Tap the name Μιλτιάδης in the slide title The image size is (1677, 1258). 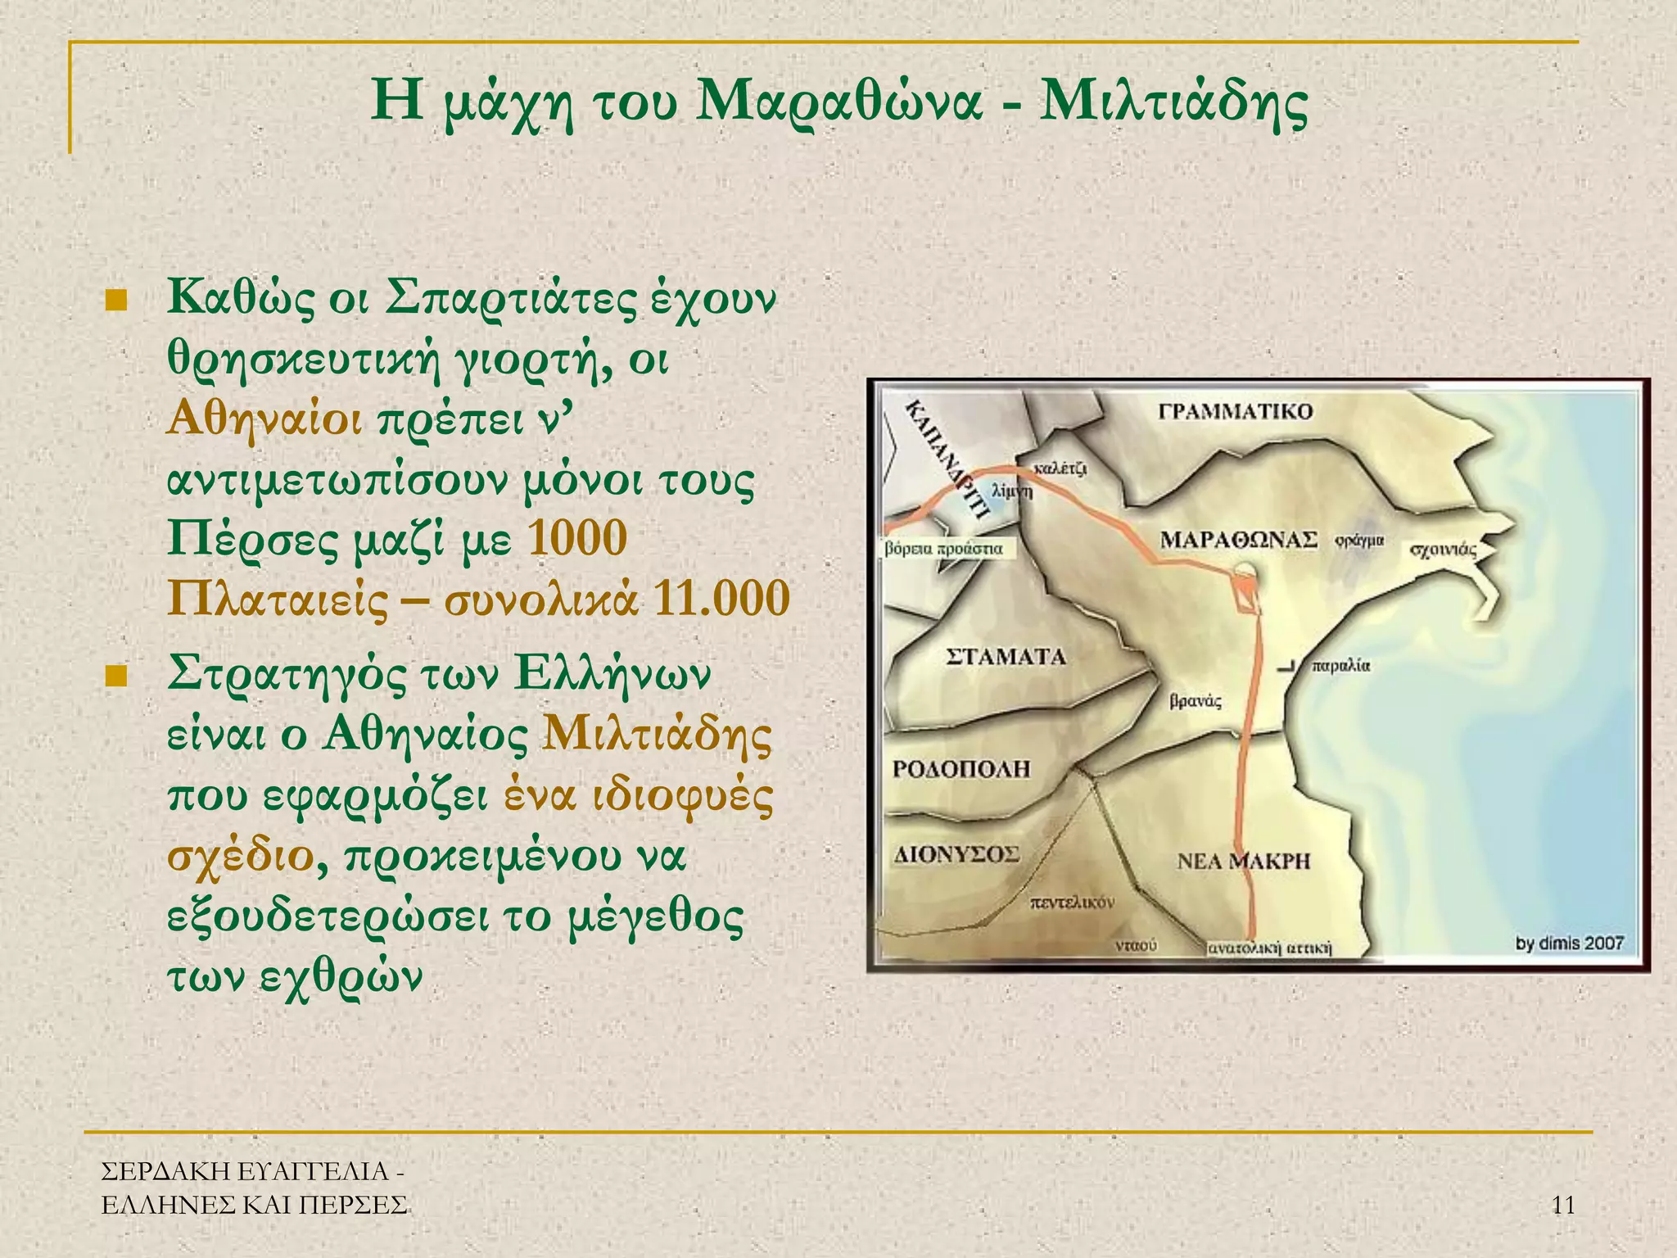(1173, 103)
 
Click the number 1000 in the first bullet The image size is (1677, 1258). (578, 539)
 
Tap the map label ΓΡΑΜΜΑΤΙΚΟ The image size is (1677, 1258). (1236, 411)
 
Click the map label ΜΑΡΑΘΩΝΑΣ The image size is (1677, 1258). (1238, 540)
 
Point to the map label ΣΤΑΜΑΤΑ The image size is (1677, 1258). (1006, 657)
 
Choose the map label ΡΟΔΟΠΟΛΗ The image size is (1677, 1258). (961, 769)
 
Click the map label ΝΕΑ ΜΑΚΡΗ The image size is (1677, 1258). (1243, 861)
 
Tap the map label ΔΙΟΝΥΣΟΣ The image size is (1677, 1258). (956, 855)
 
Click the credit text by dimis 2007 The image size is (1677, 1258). (1569, 943)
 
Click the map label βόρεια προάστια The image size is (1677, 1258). (943, 548)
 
